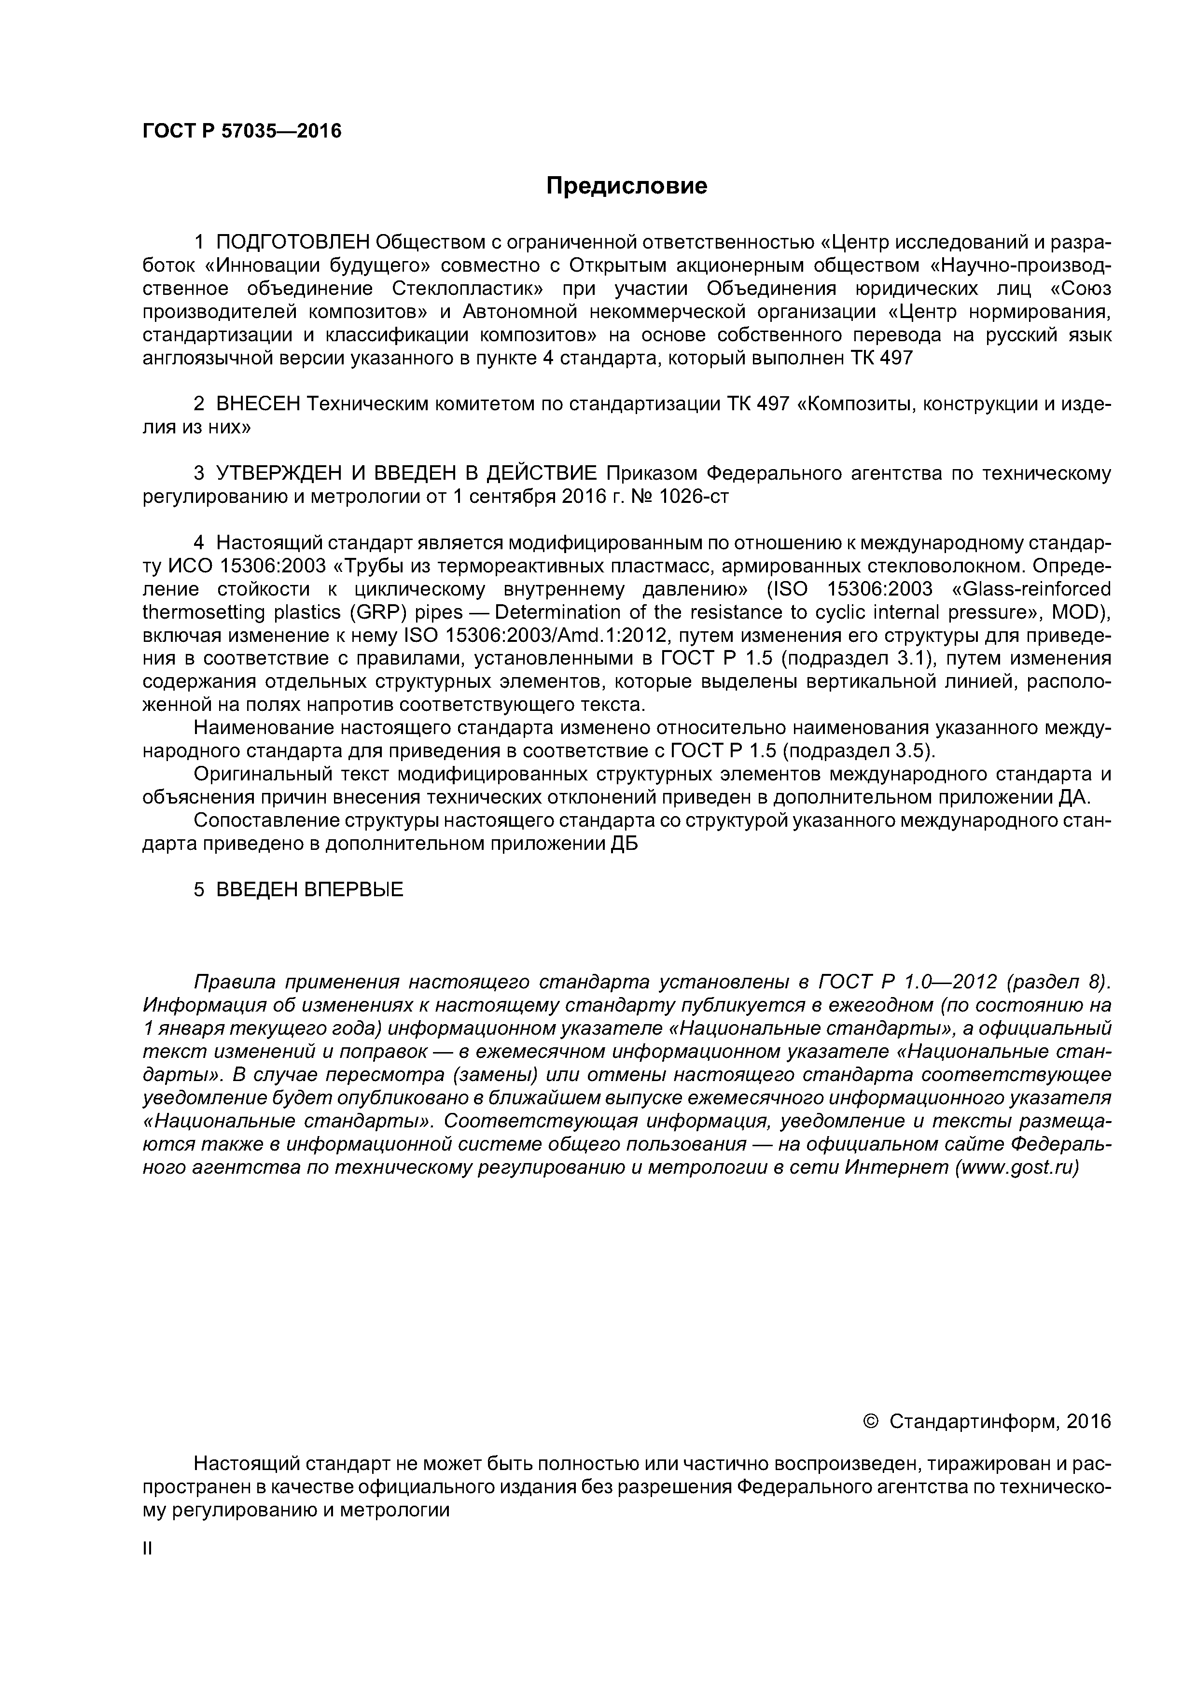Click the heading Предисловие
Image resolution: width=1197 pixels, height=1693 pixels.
click(x=626, y=187)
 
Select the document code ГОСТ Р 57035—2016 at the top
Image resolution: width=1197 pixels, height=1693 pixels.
click(x=242, y=131)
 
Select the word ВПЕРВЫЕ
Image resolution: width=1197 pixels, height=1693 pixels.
click(x=353, y=890)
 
